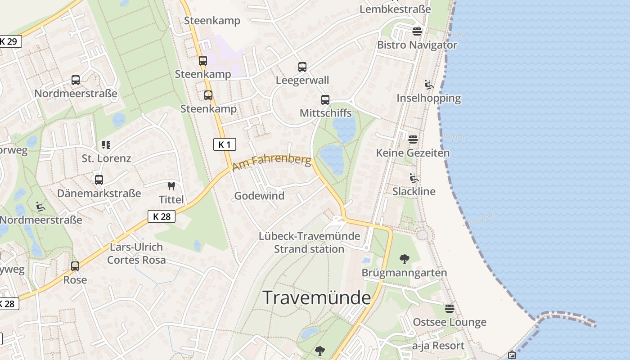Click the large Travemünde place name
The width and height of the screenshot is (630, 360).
pyautogui.click(x=316, y=298)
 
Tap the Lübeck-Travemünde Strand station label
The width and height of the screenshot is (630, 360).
pyautogui.click(x=309, y=243)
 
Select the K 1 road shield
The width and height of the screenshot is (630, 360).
pyautogui.click(x=224, y=144)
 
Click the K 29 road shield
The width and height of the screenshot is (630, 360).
pyautogui.click(x=9, y=42)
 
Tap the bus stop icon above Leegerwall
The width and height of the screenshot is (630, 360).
pyautogui.click(x=302, y=67)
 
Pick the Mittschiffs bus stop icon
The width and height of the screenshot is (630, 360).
pyautogui.click(x=325, y=100)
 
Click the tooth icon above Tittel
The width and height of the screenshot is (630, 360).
pyautogui.click(x=171, y=185)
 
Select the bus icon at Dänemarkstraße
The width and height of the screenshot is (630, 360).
pyautogui.click(x=99, y=180)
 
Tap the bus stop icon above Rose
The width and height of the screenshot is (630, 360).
pyautogui.click(x=75, y=266)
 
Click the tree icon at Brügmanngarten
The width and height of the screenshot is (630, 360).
pyautogui.click(x=404, y=259)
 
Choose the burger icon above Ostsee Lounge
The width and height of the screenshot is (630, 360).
pyautogui.click(x=449, y=309)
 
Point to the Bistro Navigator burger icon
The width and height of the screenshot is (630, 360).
pyautogui.click(x=417, y=31)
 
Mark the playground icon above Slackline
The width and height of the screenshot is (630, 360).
pyautogui.click(x=414, y=178)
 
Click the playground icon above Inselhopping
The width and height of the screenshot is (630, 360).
pyautogui.click(x=429, y=85)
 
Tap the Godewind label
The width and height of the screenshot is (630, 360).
pyautogui.click(x=259, y=196)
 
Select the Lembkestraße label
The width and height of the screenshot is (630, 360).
pyautogui.click(x=395, y=9)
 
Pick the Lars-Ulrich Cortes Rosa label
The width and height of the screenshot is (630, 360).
pyautogui.click(x=136, y=253)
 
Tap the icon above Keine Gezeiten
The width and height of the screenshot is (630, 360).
pyautogui.click(x=413, y=139)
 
